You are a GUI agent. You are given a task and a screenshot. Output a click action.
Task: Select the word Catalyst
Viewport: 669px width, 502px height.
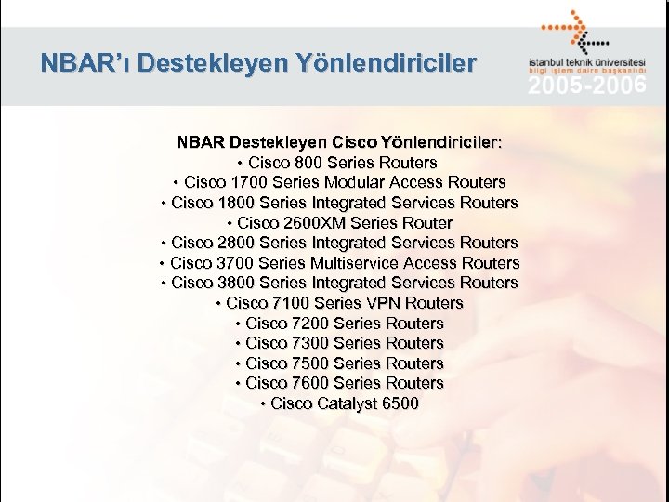[348, 403]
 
